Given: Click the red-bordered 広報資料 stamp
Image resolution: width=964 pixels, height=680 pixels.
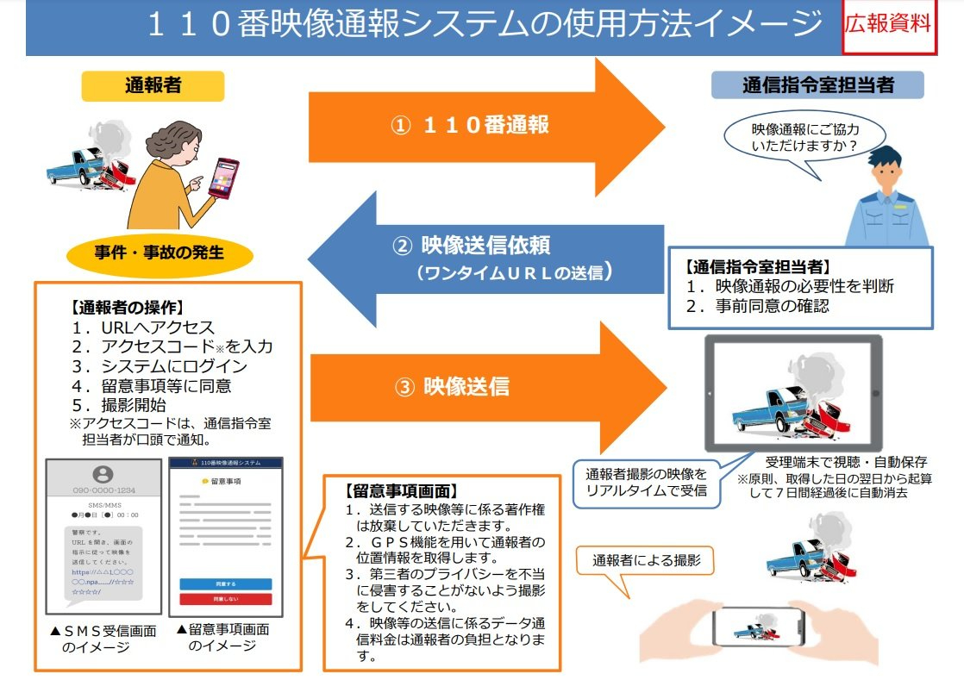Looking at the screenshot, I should (x=888, y=25).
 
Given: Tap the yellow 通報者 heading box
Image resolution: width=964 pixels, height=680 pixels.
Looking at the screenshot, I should (x=153, y=84).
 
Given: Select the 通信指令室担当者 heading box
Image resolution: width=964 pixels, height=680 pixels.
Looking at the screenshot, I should (x=817, y=84).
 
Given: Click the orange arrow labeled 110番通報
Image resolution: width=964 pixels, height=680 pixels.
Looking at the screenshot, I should (x=483, y=125).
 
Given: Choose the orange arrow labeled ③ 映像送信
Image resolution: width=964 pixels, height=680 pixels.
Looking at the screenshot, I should (x=483, y=387).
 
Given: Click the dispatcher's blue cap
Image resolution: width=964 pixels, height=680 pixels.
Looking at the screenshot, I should (x=887, y=157).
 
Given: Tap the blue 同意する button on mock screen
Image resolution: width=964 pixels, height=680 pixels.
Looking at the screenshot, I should (x=226, y=583).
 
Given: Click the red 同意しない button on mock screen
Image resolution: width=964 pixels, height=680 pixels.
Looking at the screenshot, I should (x=226, y=599).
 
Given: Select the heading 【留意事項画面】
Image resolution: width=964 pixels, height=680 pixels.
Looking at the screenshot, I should (x=398, y=491).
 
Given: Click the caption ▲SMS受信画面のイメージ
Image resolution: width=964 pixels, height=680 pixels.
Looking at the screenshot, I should (x=103, y=639).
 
